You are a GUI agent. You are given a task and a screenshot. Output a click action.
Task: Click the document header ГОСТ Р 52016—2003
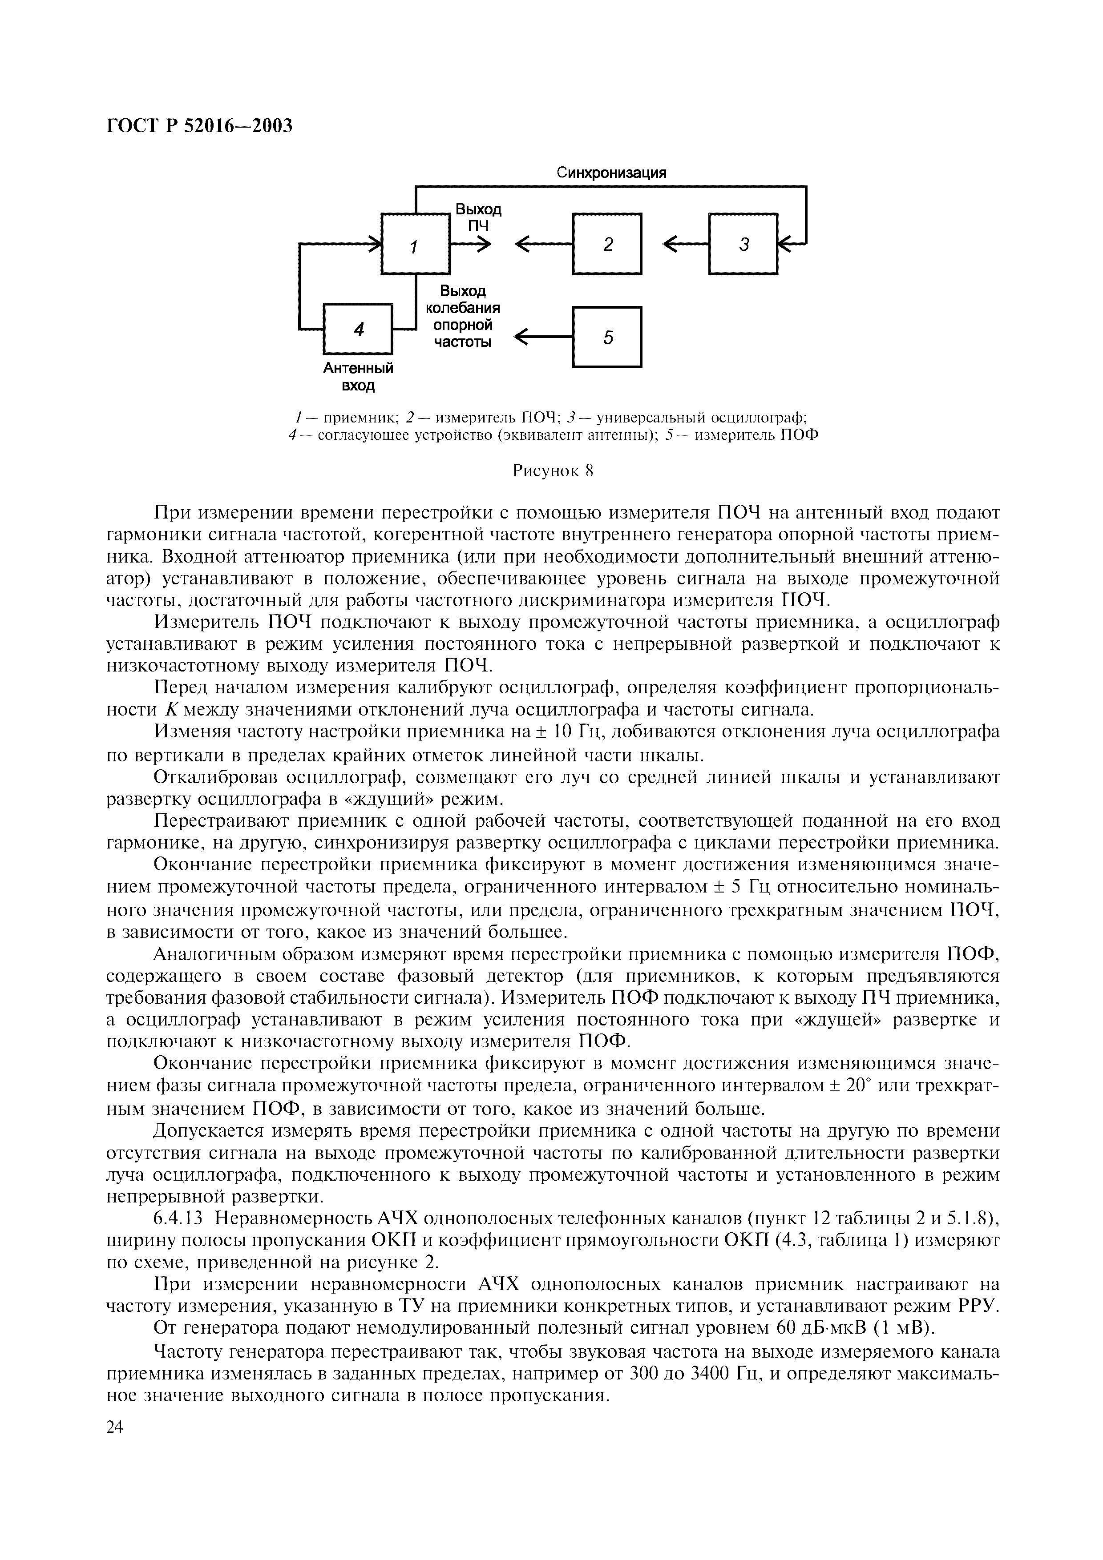(x=199, y=126)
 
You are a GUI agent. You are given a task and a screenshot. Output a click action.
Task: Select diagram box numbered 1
(x=415, y=245)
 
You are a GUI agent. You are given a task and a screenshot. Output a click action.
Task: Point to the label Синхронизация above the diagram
(x=612, y=173)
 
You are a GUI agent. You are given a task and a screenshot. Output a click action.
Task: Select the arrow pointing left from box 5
(x=544, y=337)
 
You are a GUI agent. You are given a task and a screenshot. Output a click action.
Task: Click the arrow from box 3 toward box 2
(x=685, y=245)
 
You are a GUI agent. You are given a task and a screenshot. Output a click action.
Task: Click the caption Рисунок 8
(x=553, y=471)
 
